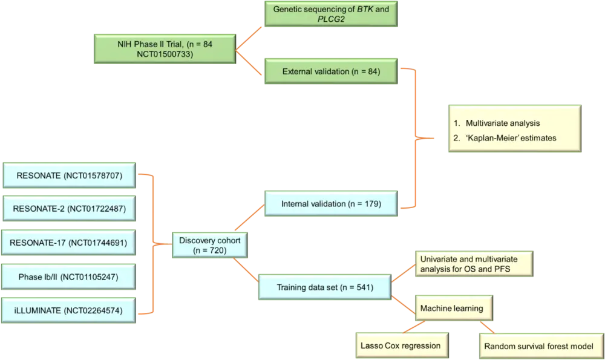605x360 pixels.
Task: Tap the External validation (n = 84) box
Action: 330,71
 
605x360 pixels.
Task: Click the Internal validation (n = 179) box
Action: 330,204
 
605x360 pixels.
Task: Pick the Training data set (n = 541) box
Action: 324,287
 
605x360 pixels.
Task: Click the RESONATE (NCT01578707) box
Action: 70,176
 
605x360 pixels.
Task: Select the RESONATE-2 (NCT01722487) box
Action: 70,209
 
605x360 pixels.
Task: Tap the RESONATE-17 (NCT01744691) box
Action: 70,243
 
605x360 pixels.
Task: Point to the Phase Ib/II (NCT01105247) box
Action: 70,277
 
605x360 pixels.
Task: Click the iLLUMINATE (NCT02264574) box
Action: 70,311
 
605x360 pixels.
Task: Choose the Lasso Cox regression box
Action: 401,345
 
